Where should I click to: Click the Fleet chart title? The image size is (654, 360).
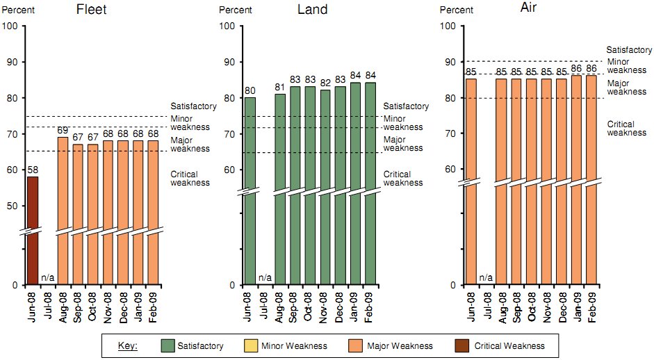(x=91, y=10)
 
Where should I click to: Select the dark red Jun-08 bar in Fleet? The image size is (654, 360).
(x=33, y=229)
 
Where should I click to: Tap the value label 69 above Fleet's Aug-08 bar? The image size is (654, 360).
(x=63, y=131)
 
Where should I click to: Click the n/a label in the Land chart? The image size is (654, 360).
(x=265, y=278)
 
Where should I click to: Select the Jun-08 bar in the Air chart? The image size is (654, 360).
(x=471, y=181)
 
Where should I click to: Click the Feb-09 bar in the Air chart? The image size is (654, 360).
(x=591, y=181)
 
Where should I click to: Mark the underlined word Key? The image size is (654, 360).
(x=127, y=345)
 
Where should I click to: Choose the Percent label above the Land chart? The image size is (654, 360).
(x=236, y=10)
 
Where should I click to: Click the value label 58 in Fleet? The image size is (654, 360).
(x=33, y=170)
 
